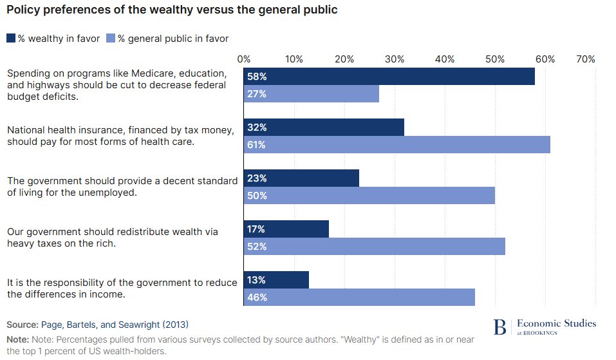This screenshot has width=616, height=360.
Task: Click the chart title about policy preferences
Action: pos(172,11)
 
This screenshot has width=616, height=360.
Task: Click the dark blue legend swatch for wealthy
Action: pos(11,39)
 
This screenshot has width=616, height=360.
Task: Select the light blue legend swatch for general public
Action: pos(110,39)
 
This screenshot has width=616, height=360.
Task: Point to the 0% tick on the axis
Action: pos(244,59)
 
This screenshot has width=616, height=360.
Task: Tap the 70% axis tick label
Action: pos(586,59)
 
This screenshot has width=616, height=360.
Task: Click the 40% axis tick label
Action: pos(445,59)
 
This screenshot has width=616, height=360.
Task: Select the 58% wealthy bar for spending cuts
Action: pos(389,76)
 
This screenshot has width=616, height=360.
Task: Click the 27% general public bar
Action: pos(312,94)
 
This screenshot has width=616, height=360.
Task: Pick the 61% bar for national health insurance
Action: pos(397,145)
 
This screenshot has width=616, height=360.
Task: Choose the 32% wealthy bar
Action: pos(324,127)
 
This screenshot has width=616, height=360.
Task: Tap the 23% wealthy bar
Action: pos(301,178)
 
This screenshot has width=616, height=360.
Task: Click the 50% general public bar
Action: pos(369,196)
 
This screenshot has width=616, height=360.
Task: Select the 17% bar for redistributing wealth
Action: pos(286,229)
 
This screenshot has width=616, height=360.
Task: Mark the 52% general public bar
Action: pos(374,247)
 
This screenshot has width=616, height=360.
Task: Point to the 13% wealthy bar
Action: pos(276,279)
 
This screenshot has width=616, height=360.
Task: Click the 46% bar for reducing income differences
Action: pos(359,298)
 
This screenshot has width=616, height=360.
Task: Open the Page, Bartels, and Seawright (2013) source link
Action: pos(115,325)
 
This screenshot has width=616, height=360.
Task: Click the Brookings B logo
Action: pos(499,327)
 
